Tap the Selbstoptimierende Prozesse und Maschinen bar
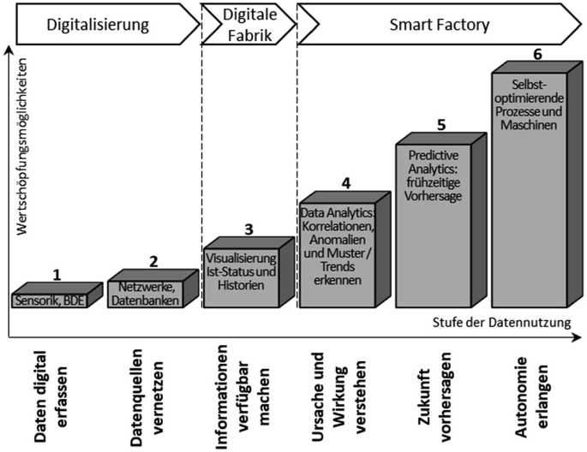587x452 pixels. click(x=529, y=188)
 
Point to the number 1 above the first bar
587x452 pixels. click(x=57, y=275)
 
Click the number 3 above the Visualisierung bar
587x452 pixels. click(x=248, y=229)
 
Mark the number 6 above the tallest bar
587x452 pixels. click(x=537, y=55)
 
